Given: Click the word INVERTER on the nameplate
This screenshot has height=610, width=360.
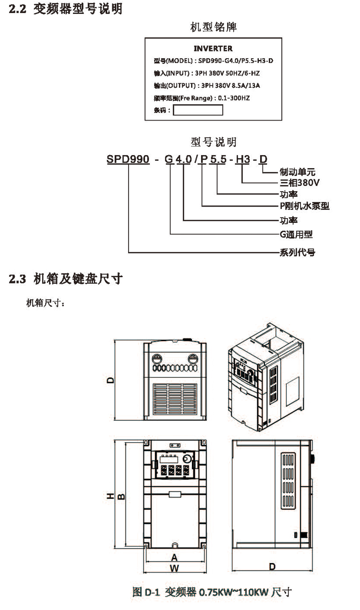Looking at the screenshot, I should (213, 49).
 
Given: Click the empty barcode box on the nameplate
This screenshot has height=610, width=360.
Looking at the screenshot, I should (198, 110).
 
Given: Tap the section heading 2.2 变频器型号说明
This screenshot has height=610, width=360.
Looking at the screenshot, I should (66, 10).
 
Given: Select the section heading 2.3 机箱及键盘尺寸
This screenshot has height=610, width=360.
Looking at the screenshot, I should (66, 279).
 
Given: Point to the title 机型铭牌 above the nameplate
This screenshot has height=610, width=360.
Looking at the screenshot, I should (214, 27).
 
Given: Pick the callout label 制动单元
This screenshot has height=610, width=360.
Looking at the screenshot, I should (298, 171).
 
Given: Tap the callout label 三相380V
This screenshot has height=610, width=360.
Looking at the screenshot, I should (300, 183).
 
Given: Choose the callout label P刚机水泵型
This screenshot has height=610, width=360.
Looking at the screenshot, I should (304, 206).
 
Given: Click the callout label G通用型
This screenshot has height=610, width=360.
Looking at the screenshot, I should (296, 234).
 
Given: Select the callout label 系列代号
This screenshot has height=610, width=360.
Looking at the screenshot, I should (298, 252).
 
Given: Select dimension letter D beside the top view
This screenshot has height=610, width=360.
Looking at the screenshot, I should (111, 380).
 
